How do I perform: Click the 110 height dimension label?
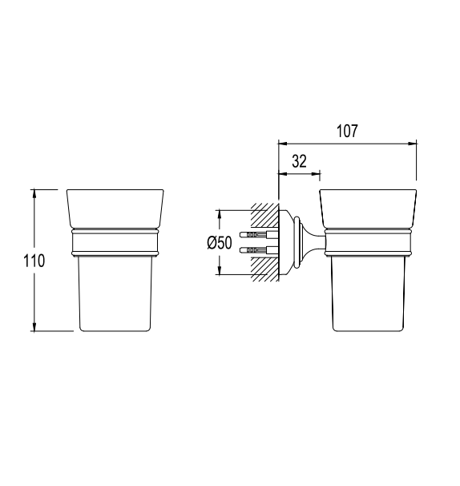(34, 261)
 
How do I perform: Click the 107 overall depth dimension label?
(347, 131)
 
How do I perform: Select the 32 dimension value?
(299, 161)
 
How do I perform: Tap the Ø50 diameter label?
(220, 242)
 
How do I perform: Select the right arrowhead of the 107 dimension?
(412, 144)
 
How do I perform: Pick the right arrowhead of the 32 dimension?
(316, 173)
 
